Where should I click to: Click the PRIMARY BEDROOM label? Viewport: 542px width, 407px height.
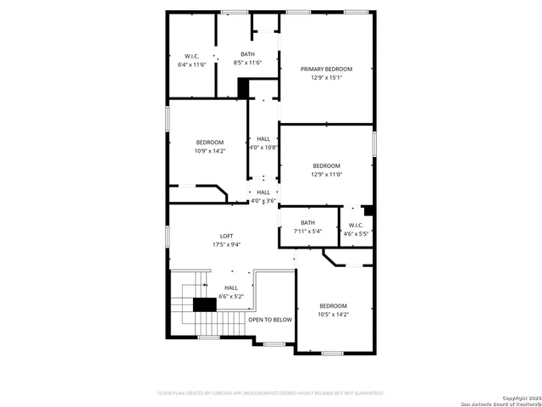pos(326,69)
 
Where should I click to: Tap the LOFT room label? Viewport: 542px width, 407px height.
pos(228,236)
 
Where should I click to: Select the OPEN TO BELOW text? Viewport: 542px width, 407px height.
pos(270,320)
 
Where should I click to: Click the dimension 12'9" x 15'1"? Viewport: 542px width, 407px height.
pos(326,77)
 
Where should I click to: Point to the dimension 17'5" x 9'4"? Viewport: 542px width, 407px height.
pos(228,244)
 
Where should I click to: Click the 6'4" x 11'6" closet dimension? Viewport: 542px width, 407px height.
pos(191,64)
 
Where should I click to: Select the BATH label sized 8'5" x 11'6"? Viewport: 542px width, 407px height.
pos(247,53)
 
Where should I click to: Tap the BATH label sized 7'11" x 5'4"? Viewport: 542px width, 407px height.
pos(307,222)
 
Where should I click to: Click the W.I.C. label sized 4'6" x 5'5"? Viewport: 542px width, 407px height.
pos(356,225)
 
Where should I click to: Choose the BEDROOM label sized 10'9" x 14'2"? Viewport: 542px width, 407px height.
pos(210,142)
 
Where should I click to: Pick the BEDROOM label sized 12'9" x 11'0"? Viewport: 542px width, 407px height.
pos(326,165)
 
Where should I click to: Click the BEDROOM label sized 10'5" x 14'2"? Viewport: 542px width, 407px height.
pos(333,305)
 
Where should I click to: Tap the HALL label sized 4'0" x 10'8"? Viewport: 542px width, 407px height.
pos(263,138)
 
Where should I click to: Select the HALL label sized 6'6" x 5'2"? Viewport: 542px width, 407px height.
pos(230,288)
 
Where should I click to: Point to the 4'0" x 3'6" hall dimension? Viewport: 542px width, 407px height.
pos(263,201)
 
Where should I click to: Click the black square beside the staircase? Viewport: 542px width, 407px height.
pos(205,305)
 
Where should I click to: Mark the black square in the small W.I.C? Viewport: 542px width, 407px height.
pos(368,209)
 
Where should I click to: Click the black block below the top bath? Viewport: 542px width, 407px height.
pos(244,87)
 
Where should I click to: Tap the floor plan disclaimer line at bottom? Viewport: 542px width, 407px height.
pos(271,393)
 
